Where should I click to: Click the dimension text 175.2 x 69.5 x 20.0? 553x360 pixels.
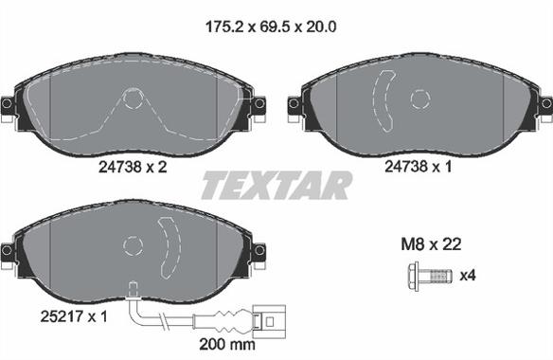point(271,27)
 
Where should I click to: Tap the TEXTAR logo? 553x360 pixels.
point(276,186)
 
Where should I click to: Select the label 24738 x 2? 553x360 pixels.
point(133,167)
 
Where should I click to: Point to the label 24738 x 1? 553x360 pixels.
point(418,166)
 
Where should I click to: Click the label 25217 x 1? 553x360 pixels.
point(74,316)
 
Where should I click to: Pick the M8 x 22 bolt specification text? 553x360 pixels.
point(431,243)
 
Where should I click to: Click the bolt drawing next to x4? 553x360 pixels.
point(430,276)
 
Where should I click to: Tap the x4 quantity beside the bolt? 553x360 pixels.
point(468,276)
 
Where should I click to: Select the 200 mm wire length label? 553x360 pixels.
point(227,344)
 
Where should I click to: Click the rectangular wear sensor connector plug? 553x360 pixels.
point(269,321)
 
